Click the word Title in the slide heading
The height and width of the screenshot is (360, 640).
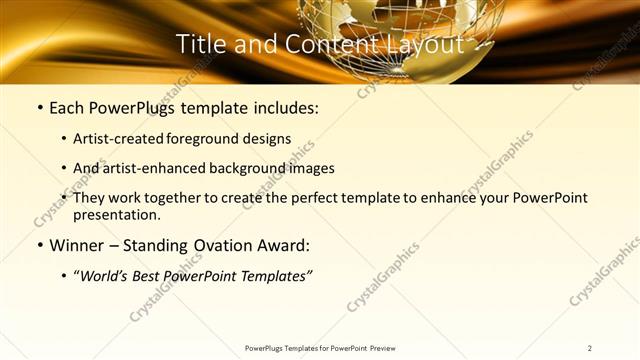click(x=200, y=44)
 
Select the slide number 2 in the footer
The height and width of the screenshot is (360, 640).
click(x=590, y=348)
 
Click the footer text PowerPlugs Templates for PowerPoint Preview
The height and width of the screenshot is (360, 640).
click(x=320, y=348)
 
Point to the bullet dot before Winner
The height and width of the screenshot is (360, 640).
click(x=39, y=245)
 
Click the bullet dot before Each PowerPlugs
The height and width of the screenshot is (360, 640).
click(x=39, y=107)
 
